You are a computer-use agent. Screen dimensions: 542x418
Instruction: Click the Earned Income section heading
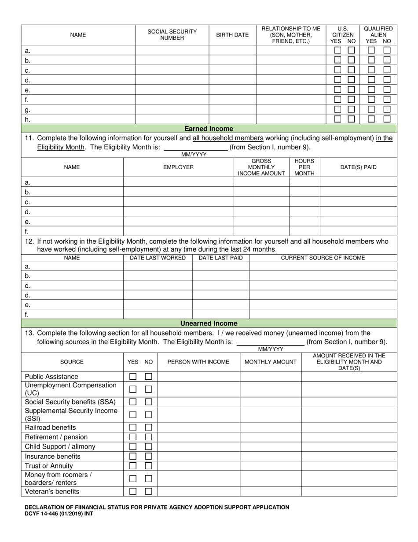click(209, 129)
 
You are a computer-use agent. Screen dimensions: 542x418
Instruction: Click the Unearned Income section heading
click(209, 323)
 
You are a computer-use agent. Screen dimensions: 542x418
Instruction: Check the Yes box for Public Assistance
click(133, 376)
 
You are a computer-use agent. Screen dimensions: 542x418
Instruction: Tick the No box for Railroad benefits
click(149, 427)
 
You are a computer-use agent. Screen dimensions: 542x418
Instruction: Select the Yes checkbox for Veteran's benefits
click(133, 491)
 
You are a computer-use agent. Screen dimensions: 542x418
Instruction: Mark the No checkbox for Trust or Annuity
click(149, 466)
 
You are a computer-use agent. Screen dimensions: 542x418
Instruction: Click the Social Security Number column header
click(172, 35)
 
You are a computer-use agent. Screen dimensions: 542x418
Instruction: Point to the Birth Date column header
click(232, 35)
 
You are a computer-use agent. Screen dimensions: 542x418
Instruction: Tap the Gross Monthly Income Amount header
click(261, 167)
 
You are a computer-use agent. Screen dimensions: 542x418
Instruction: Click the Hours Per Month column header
click(304, 167)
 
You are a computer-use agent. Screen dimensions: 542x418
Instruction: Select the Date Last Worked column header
click(158, 258)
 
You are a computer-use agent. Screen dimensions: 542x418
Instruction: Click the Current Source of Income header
click(323, 258)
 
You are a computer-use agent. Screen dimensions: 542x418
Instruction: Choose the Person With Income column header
click(198, 362)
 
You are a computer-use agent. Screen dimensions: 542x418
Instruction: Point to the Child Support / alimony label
click(60, 447)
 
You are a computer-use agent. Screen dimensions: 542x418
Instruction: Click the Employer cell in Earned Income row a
click(178, 182)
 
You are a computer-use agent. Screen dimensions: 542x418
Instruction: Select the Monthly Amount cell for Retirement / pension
click(271, 437)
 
